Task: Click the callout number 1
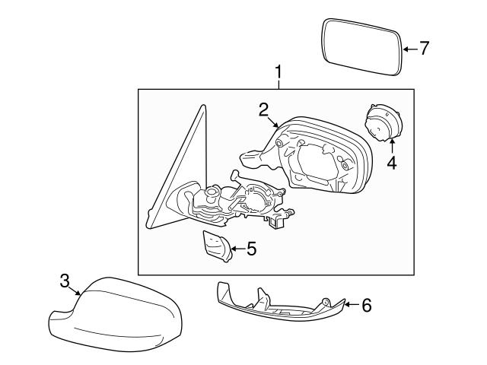point(279,72)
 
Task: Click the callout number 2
point(263,110)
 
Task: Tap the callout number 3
point(65,281)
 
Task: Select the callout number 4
point(391,162)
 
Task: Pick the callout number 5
point(250,248)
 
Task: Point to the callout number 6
point(366,306)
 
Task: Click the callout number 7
point(424,49)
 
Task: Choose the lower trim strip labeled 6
point(278,308)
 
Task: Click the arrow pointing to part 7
point(409,49)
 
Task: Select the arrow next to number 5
point(235,248)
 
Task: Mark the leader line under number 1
point(279,84)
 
